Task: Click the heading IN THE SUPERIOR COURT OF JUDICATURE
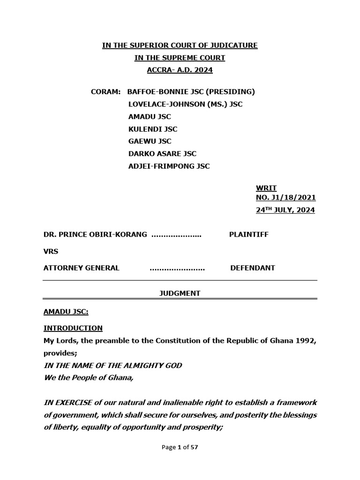[180, 45]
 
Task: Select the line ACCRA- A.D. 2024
[180, 70]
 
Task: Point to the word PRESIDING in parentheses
[230, 92]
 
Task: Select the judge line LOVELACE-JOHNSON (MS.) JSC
[185, 104]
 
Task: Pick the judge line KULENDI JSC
[153, 129]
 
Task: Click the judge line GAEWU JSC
[150, 141]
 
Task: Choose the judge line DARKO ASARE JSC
[162, 153]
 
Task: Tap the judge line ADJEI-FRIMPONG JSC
[169, 166]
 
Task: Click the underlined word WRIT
[266, 188]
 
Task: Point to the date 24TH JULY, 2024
[285, 210]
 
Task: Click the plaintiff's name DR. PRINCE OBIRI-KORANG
[95, 234]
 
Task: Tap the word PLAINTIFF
[248, 234]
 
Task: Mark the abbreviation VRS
[51, 251]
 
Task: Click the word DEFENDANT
[253, 268]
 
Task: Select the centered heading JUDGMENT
[180, 293]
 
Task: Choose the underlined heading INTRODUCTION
[73, 328]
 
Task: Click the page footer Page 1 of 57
[180, 447]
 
